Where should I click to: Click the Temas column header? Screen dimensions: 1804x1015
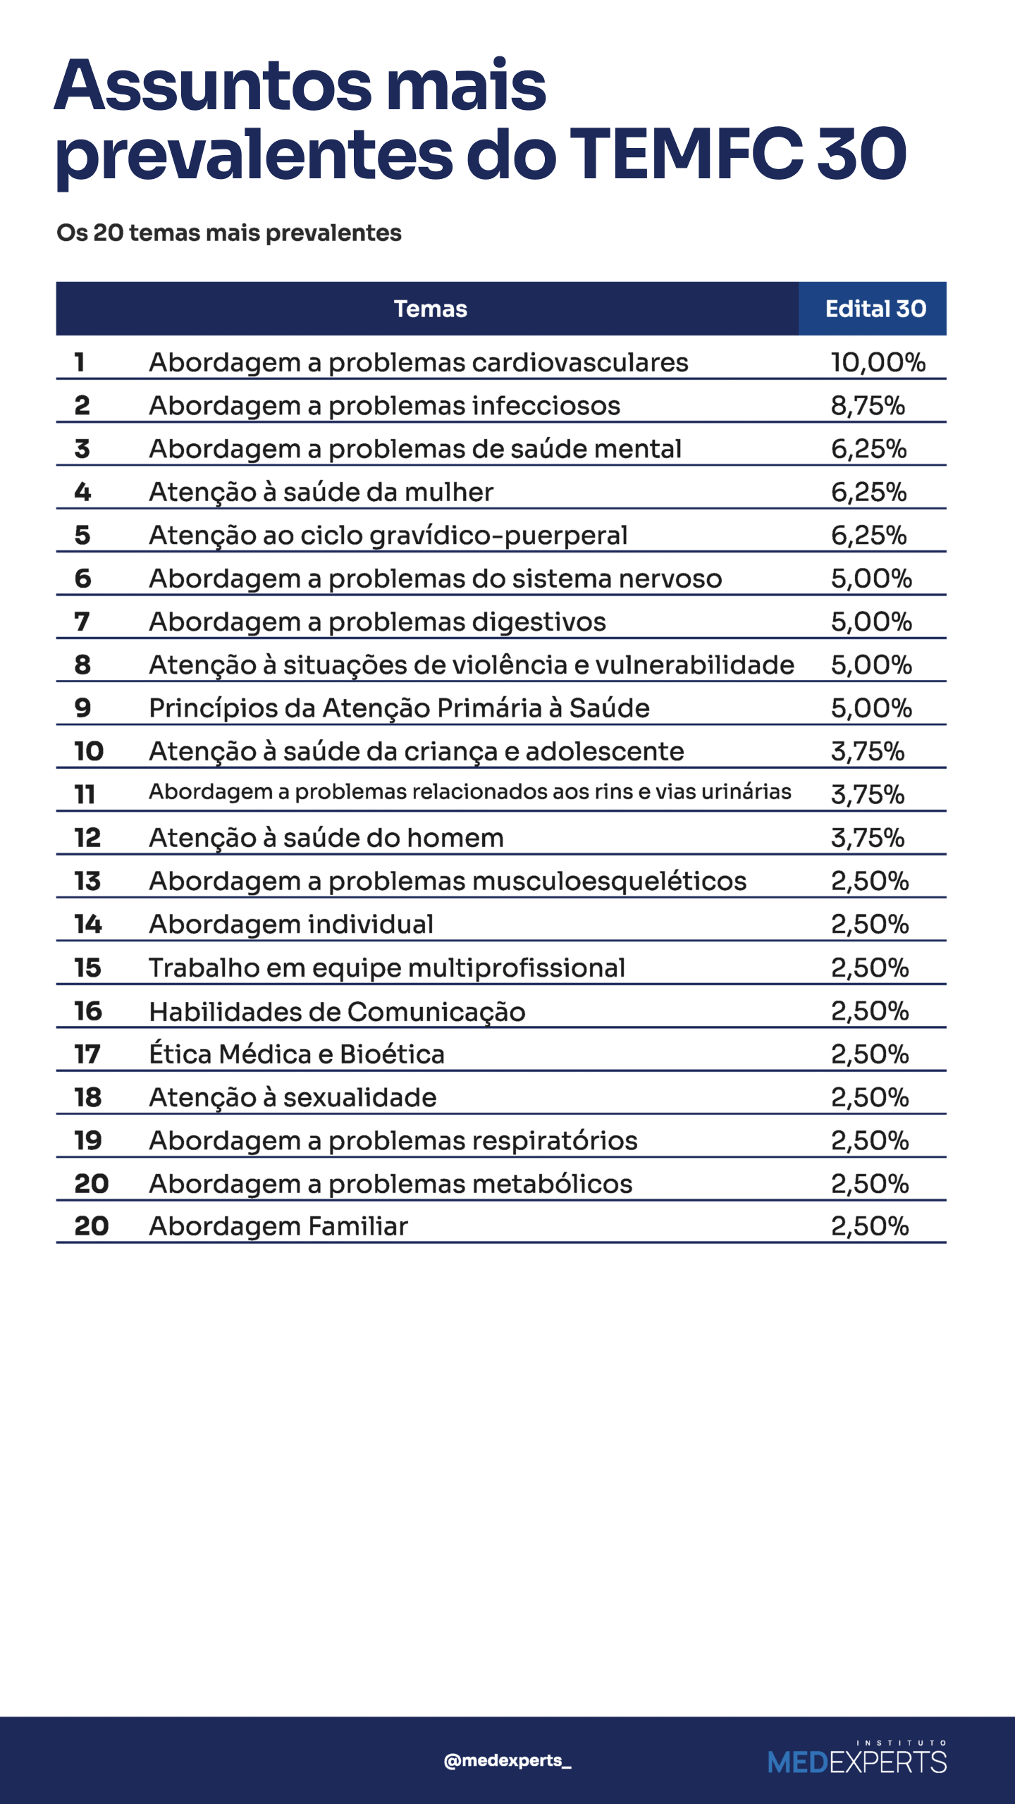coord(430,309)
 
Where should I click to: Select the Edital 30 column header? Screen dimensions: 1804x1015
coord(875,309)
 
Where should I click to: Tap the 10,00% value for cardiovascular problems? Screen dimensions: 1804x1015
coord(878,362)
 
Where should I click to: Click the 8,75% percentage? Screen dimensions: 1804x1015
coord(868,406)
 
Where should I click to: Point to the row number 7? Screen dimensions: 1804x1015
coord(82,622)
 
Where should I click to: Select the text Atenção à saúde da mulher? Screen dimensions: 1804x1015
coord(321,492)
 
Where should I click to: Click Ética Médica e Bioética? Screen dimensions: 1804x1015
coord(297,1054)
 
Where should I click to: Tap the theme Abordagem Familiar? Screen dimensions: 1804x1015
coord(278,1226)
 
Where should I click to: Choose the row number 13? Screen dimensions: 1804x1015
coord(87,881)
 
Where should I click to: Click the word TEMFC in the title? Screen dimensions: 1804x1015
coord(686,153)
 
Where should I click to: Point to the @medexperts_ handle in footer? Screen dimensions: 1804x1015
coord(508,1760)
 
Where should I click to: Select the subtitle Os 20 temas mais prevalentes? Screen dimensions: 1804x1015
coord(229,233)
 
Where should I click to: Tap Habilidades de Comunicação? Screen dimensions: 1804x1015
coord(337,1012)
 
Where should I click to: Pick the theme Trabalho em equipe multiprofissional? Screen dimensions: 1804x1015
coord(387,968)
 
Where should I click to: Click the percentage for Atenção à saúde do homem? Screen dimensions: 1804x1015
coord(868,838)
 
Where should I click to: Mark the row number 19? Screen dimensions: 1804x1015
coord(88,1140)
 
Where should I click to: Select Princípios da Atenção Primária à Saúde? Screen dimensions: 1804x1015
coord(399,708)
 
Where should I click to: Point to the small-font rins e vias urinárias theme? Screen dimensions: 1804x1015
coord(470,792)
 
